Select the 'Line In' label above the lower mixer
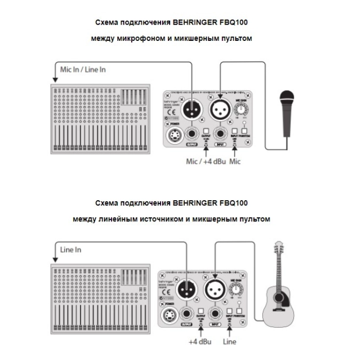pyautogui.click(x=71, y=250)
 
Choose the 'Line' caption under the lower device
pyautogui.click(x=229, y=342)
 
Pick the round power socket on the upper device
pyautogui.click(x=174, y=136)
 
